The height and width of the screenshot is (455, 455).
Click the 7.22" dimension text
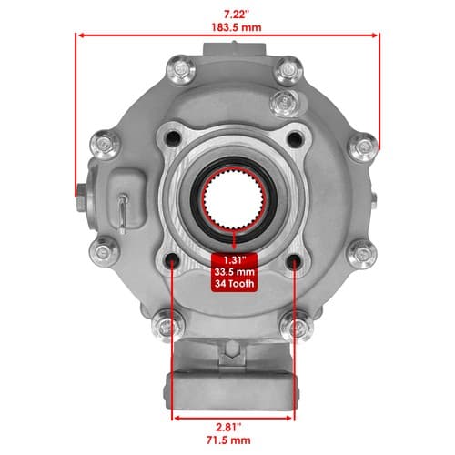click(237, 15)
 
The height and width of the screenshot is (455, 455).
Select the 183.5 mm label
click(237, 27)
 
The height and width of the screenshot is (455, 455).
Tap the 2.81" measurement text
click(228, 428)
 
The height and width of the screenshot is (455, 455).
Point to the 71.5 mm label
click(228, 440)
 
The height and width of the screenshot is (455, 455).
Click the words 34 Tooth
click(234, 284)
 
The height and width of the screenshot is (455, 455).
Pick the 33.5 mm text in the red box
click(234, 271)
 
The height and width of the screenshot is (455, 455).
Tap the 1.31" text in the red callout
click(234, 260)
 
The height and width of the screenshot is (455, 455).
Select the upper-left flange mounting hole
click(174, 139)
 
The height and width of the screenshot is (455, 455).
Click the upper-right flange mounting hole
click(295, 139)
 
